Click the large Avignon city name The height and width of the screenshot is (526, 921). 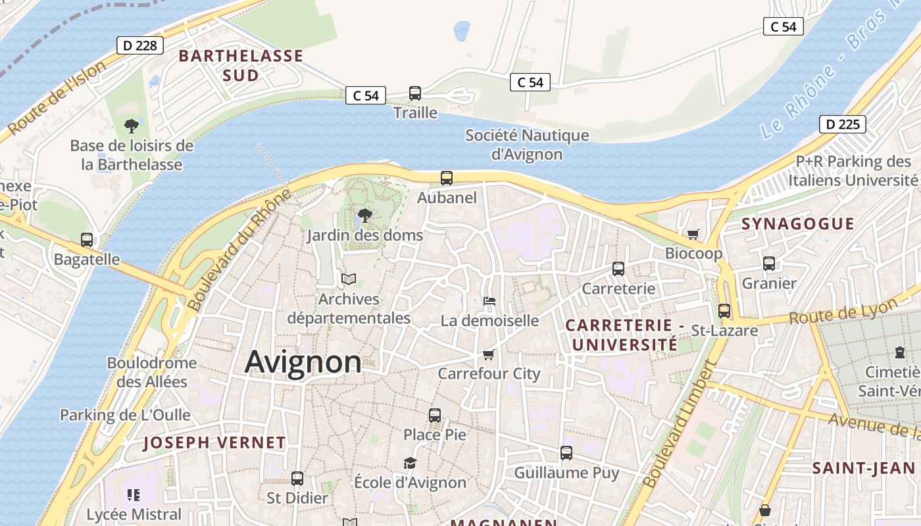click(x=303, y=362)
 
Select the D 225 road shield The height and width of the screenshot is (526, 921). click(x=842, y=124)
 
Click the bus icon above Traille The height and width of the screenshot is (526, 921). click(x=415, y=93)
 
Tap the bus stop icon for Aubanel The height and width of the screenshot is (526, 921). click(x=447, y=178)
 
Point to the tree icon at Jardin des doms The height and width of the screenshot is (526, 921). click(x=364, y=215)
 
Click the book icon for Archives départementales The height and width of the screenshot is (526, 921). click(x=349, y=279)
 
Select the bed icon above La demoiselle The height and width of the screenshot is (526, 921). click(x=489, y=301)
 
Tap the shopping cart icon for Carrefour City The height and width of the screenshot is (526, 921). click(x=489, y=354)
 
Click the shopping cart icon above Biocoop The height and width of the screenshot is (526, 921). click(x=693, y=234)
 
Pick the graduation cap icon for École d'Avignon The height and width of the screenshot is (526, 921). click(x=411, y=463)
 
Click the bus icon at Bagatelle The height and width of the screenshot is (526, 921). click(x=87, y=240)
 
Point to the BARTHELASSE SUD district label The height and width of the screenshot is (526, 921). click(x=241, y=66)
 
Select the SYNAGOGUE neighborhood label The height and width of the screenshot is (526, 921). click(x=797, y=224)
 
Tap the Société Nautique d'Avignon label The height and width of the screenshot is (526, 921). click(x=527, y=145)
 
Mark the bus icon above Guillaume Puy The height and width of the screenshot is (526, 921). click(x=566, y=452)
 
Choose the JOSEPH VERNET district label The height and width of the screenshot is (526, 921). click(x=214, y=442)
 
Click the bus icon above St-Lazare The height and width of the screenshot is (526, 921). click(x=724, y=310)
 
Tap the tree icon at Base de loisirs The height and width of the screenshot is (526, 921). click(x=132, y=126)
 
